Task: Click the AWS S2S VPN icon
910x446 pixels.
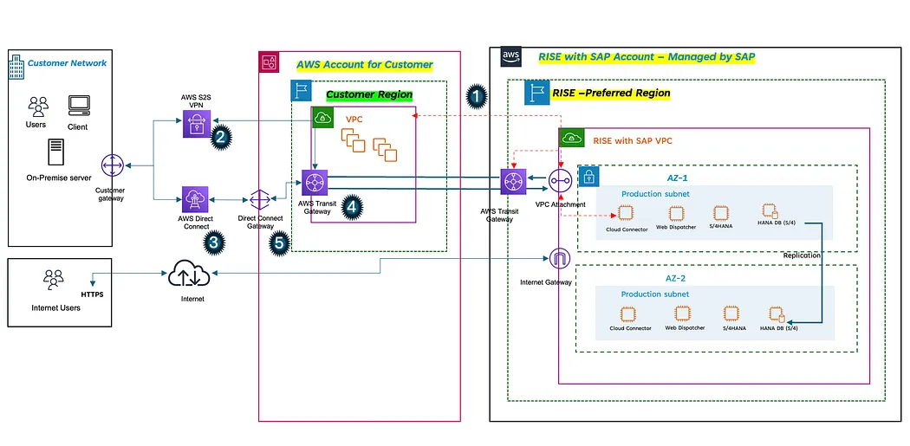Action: pos(196,125)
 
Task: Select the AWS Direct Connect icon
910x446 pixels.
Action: pos(196,199)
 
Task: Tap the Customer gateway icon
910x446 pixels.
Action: pos(111,167)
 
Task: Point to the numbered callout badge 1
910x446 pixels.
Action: pos(476,96)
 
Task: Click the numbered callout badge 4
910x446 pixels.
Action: pos(352,206)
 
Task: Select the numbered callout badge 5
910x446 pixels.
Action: pos(279,243)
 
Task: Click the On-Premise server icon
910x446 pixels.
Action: pos(56,153)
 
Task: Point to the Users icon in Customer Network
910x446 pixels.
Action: pos(38,107)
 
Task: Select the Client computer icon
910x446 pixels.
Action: pos(79,105)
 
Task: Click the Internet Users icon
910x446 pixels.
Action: pos(54,281)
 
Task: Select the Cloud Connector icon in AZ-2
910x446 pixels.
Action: pos(630,314)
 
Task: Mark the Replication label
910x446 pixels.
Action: pos(802,255)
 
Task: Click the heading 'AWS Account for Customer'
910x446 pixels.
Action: pos(365,64)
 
